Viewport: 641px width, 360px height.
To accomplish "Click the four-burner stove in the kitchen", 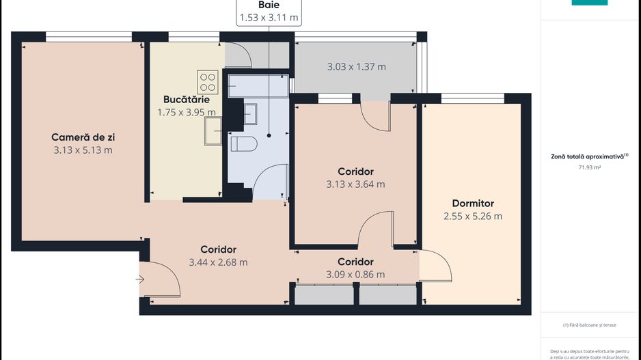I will [x=208, y=82].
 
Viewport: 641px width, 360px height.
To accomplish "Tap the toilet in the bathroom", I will [x=243, y=143].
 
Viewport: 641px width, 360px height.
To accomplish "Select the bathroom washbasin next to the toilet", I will [x=250, y=113].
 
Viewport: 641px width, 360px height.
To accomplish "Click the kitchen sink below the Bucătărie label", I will [x=213, y=130].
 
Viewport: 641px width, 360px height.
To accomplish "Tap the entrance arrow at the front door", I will [x=140, y=279].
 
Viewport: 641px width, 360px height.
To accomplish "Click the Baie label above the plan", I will [x=269, y=5].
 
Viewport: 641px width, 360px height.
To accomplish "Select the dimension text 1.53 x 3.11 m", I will [x=269, y=18].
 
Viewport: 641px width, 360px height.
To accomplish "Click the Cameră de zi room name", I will [x=83, y=137].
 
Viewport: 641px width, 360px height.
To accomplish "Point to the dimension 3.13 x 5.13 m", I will [x=83, y=150].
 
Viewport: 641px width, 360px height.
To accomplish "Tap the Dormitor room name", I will [x=473, y=203].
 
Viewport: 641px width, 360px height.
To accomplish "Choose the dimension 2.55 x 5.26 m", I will [x=473, y=217].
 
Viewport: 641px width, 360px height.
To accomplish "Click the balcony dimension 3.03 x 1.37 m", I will [x=356, y=67].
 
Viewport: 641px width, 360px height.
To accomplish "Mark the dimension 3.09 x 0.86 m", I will [x=355, y=275].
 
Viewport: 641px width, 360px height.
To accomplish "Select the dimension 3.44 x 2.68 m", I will [x=218, y=262].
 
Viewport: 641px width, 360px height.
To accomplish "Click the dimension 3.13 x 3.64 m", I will [x=355, y=184].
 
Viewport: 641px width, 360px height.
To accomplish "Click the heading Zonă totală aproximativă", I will [x=588, y=156].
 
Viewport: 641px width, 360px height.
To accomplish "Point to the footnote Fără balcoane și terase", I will [x=589, y=325].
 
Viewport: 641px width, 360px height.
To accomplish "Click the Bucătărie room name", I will [x=186, y=100].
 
